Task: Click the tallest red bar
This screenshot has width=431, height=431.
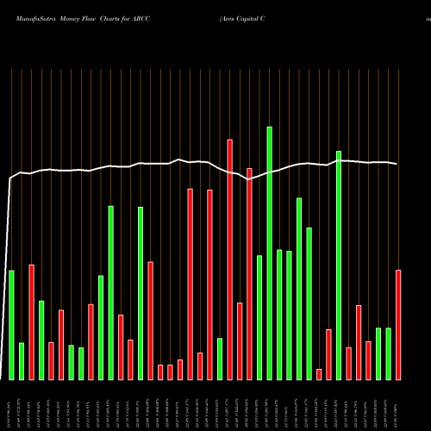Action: coord(230,259)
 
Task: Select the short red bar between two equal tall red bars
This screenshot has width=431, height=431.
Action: coord(200,365)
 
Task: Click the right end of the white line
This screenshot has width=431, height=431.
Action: coord(397,164)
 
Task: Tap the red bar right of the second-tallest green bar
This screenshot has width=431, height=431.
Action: coord(348,363)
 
